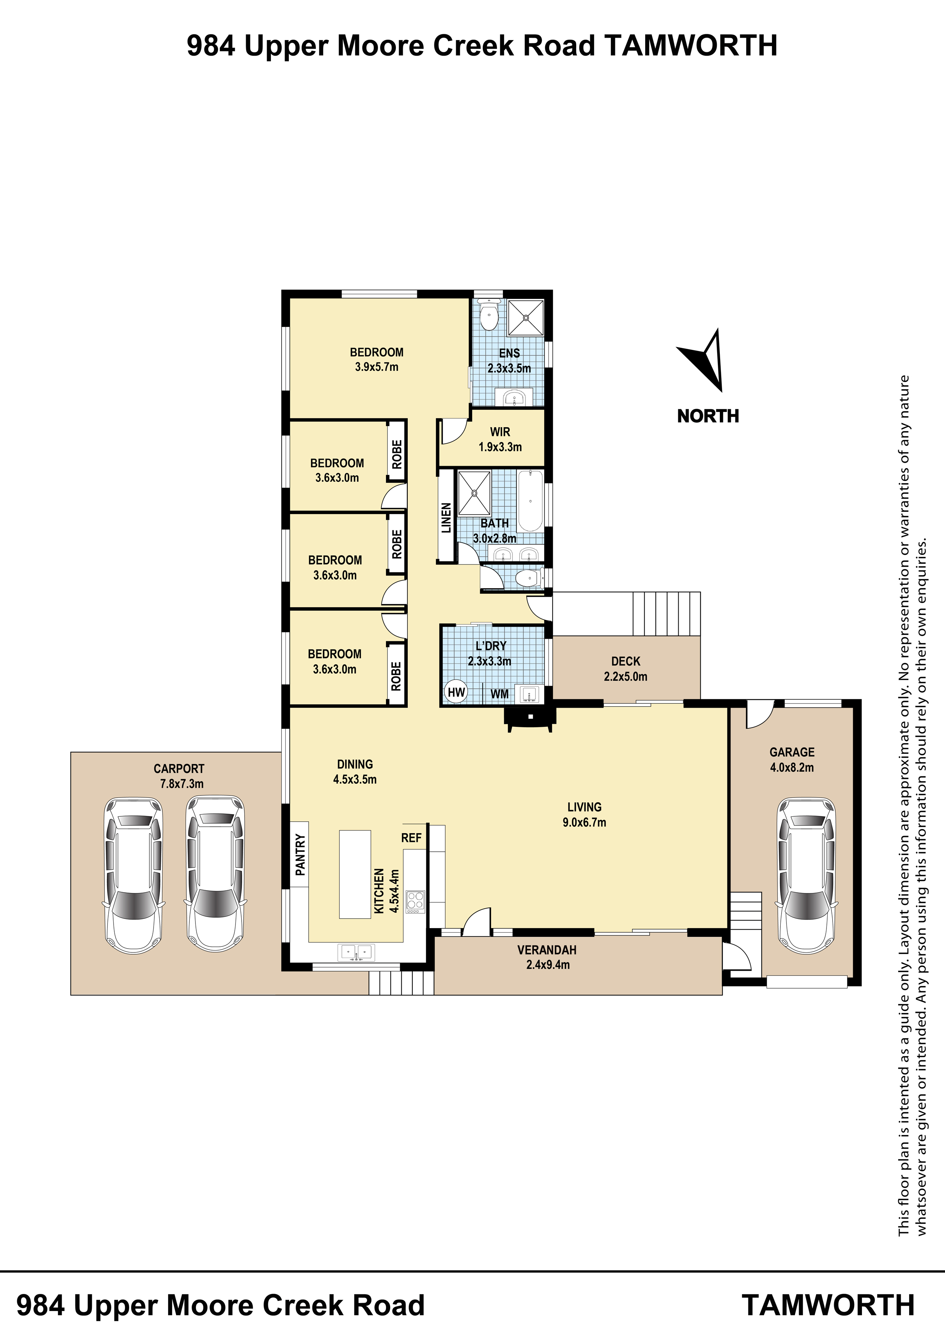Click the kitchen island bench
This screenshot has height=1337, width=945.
pos(355,874)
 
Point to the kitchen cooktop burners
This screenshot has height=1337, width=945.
pos(415,901)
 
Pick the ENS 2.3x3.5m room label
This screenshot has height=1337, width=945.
pos(509,361)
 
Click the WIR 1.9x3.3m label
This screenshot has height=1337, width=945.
pos(500,440)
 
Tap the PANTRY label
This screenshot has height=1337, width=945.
pos(300,855)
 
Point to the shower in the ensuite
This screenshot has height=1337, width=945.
pos(526,317)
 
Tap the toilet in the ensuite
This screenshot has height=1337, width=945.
pos(489,315)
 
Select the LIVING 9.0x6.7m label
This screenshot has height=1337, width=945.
pos(585,814)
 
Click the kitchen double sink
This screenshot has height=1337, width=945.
pos(356,952)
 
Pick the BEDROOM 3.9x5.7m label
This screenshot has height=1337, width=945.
pos(377,359)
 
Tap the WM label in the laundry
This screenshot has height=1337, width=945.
pos(500,694)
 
